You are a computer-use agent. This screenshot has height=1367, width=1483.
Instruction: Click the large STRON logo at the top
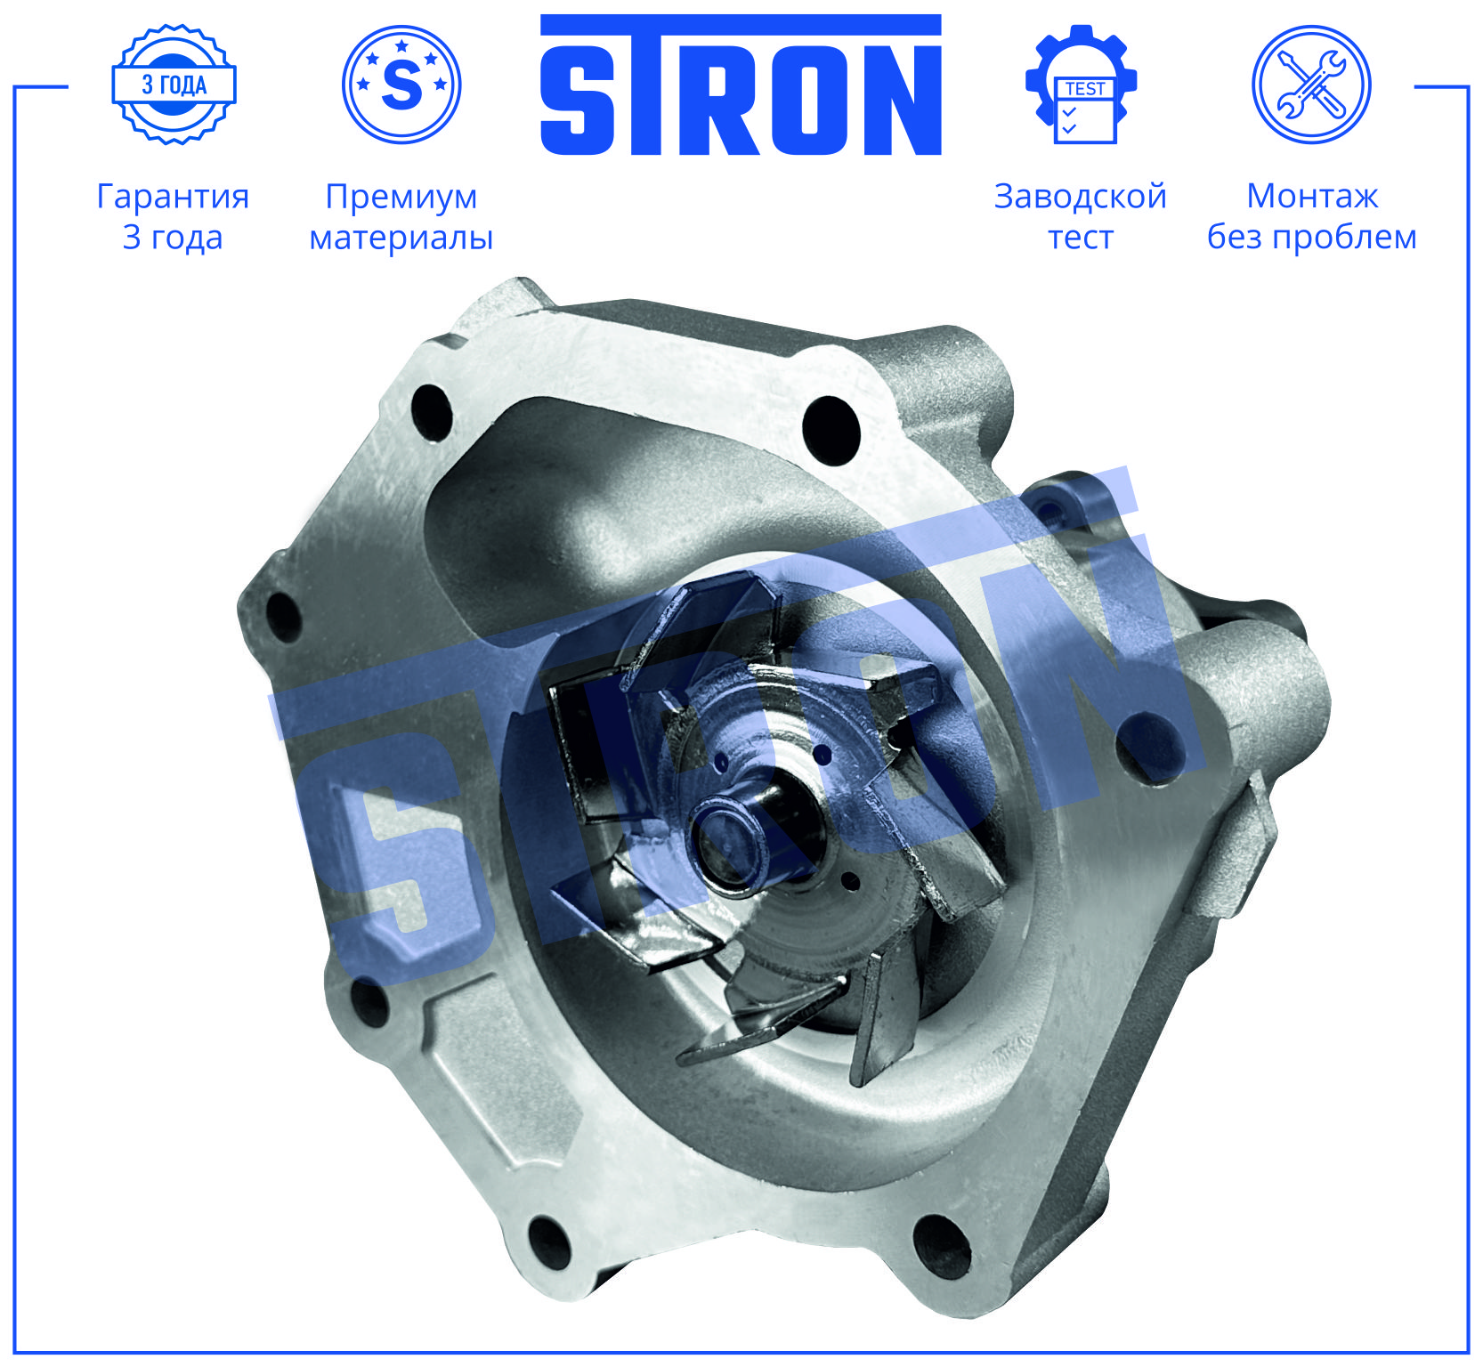(x=741, y=85)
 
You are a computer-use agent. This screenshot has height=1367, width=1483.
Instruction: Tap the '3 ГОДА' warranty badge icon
(x=174, y=85)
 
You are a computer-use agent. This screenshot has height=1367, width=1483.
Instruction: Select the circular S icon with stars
(x=401, y=85)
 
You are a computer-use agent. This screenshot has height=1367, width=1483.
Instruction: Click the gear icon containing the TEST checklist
(x=1081, y=85)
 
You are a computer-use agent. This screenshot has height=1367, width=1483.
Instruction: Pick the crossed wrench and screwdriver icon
(x=1311, y=85)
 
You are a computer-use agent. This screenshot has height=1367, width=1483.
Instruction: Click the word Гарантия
(x=173, y=197)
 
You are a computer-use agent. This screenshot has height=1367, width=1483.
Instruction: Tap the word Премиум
(x=401, y=197)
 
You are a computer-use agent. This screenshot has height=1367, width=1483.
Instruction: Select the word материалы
(x=401, y=238)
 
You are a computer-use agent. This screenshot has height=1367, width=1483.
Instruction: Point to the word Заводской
(x=1081, y=197)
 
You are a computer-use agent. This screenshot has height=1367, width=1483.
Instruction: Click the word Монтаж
(x=1312, y=196)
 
